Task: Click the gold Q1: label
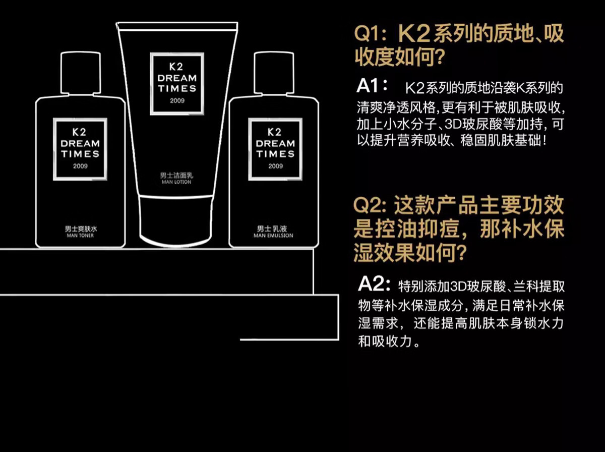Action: click(370, 34)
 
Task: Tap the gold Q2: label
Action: click(370, 206)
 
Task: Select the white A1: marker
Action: click(372, 85)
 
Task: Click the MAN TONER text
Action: click(80, 235)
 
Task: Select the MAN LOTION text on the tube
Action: click(176, 182)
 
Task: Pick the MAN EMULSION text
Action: click(273, 235)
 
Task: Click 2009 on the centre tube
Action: click(177, 101)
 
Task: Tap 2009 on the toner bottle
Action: click(80, 166)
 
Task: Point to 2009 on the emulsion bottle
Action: click(275, 166)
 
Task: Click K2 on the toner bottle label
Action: click(80, 133)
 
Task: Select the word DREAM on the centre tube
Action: click(177, 78)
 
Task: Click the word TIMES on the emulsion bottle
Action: click(275, 154)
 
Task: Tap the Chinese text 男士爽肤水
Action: click(80, 229)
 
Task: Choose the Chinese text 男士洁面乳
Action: click(176, 176)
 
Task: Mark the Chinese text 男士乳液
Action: click(273, 229)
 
